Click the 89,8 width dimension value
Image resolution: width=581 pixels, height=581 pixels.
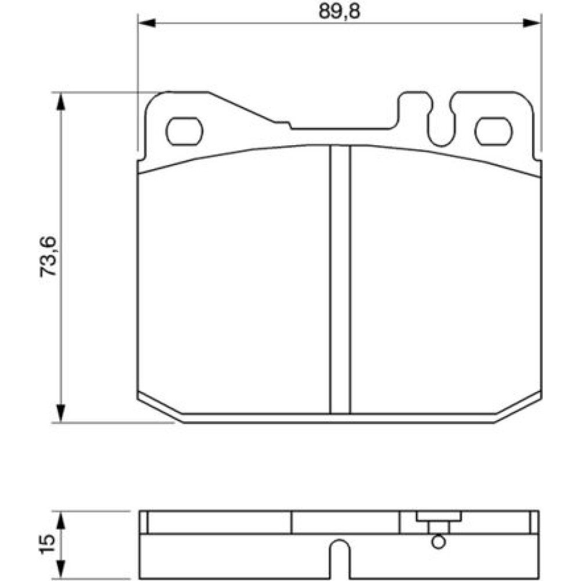(339, 12)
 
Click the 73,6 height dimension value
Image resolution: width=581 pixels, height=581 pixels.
(48, 256)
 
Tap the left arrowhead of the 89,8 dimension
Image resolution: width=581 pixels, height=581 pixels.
(146, 23)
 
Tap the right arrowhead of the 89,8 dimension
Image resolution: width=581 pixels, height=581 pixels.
(532, 23)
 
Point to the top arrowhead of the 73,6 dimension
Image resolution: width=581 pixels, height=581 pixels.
(61, 101)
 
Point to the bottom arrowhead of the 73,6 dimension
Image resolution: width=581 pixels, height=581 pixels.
(61, 413)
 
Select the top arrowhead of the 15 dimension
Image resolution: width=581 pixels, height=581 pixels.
(61, 520)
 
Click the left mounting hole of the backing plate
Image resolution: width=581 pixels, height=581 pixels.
(184, 131)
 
